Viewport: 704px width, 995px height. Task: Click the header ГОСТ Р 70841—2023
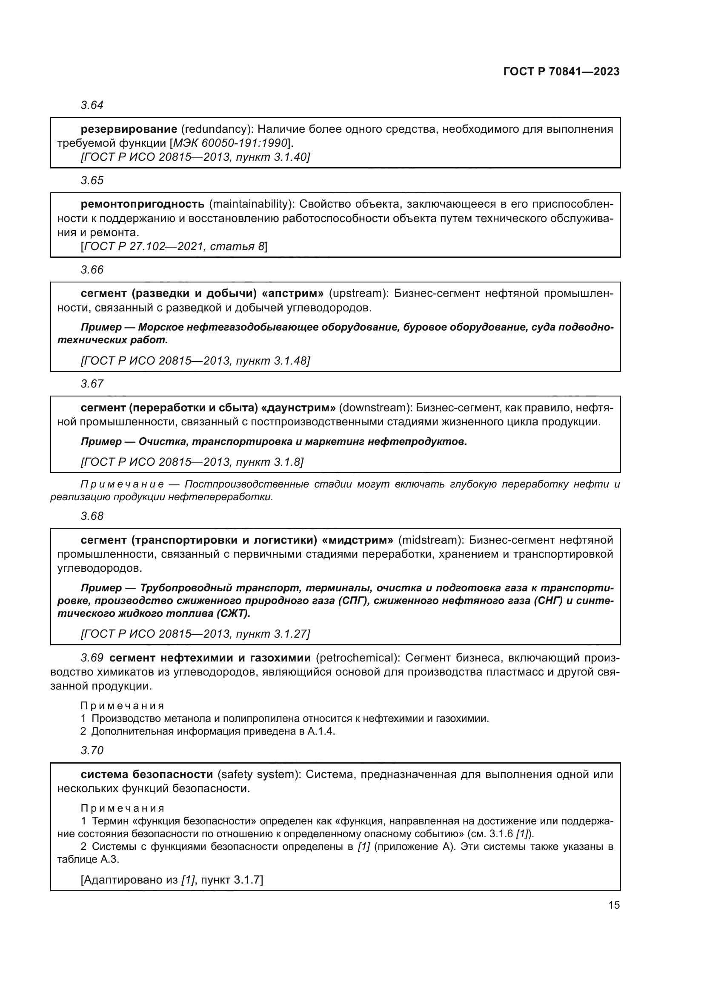(x=561, y=72)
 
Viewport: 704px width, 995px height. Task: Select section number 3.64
(x=92, y=105)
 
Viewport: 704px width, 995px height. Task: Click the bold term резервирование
(x=129, y=129)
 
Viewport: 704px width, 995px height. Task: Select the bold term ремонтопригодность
(x=143, y=204)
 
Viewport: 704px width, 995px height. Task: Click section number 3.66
(x=92, y=270)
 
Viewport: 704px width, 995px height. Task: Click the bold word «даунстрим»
(x=300, y=408)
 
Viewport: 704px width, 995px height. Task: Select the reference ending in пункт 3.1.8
(x=192, y=462)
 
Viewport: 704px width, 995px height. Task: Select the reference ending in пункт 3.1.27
(x=195, y=634)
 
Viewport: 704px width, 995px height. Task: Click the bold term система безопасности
(x=146, y=774)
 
